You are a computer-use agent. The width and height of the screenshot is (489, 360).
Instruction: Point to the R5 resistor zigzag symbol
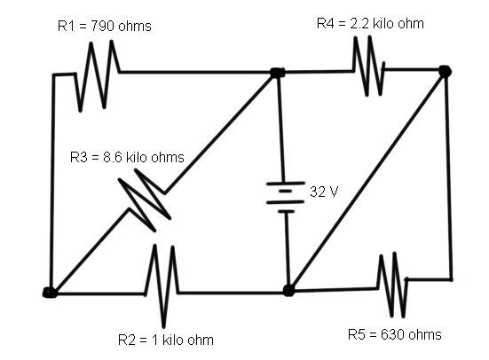(392, 284)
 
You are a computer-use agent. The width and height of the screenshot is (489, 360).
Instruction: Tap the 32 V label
(324, 192)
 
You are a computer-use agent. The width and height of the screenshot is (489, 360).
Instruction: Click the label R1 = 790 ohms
(104, 27)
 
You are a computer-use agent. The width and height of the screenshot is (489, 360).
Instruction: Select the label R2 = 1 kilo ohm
(166, 340)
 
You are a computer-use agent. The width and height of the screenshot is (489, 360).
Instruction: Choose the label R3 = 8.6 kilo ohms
(127, 158)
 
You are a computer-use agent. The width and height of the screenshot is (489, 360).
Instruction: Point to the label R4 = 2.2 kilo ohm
(370, 23)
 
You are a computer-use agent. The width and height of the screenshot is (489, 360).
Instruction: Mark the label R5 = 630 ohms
(394, 334)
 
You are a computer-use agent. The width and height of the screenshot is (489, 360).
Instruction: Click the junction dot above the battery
(278, 73)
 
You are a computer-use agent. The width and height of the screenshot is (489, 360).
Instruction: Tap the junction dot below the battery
(288, 290)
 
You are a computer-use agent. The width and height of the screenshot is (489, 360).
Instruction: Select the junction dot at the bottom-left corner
(51, 292)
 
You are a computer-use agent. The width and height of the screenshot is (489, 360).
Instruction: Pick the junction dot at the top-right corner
(445, 70)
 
